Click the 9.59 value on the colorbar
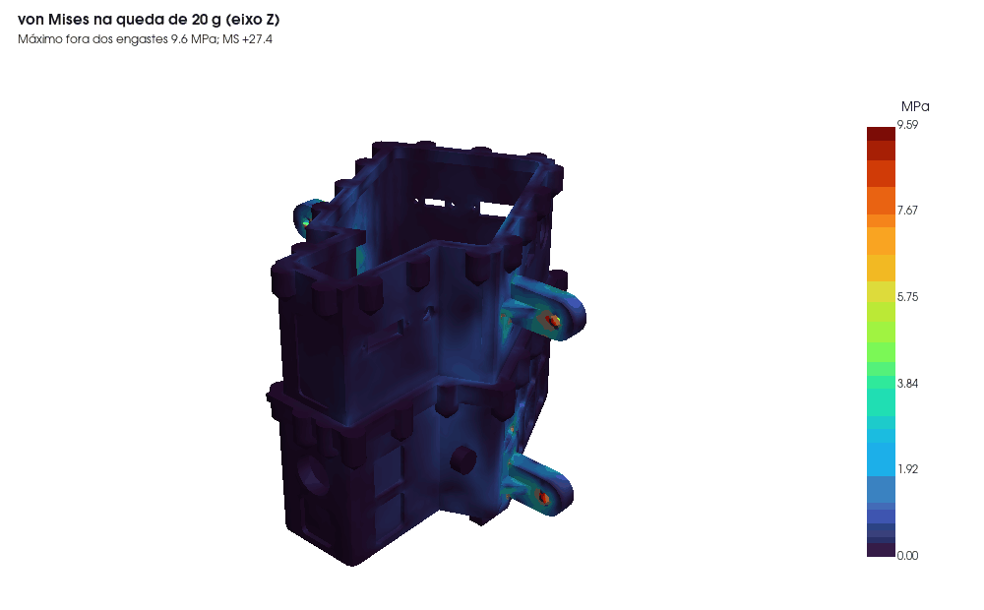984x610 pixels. pos(907,125)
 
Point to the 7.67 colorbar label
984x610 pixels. pos(907,211)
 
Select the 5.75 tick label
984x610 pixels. pos(907,297)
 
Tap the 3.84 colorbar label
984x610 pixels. pos(907,384)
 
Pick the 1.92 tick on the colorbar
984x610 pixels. pos(907,468)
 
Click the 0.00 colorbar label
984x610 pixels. pos(907,556)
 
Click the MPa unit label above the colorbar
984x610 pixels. pos(915,106)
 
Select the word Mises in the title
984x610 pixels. pos(69,20)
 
